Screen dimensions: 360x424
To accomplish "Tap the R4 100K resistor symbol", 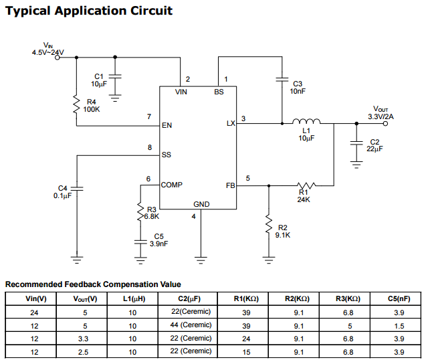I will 76,104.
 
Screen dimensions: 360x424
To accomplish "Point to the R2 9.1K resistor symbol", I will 268,222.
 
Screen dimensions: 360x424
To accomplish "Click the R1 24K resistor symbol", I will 307,185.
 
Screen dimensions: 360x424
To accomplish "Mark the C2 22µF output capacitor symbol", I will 355,143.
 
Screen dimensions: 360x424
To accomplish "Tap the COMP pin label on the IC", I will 172,185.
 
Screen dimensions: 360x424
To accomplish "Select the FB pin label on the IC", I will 231,185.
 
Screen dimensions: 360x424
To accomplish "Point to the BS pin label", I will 219,92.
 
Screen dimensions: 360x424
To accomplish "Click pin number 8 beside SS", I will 150,147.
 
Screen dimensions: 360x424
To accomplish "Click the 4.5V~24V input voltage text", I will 47,52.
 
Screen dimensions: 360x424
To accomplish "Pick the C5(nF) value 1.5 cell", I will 399,325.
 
